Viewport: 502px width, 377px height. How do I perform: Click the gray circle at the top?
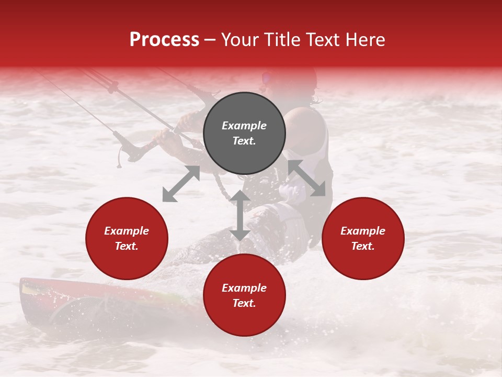click(x=244, y=134)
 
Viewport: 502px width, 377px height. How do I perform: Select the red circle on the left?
click(x=127, y=238)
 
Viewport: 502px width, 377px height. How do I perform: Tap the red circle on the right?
click(x=363, y=238)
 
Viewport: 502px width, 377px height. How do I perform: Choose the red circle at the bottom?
click(x=244, y=295)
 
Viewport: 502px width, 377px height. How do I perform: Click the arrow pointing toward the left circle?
click(x=181, y=184)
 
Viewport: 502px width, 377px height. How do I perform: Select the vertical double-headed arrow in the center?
click(x=240, y=215)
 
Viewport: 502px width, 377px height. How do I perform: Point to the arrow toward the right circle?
click(x=307, y=178)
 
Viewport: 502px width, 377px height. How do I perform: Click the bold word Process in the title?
click(x=164, y=39)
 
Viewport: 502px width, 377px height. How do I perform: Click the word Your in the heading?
click(x=238, y=39)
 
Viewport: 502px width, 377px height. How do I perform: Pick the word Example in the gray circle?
click(x=244, y=126)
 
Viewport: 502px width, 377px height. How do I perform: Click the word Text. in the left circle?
click(x=127, y=246)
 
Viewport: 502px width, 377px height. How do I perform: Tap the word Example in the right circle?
click(x=363, y=231)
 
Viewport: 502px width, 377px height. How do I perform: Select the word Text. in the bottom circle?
click(x=244, y=303)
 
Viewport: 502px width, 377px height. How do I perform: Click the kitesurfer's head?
click(x=293, y=84)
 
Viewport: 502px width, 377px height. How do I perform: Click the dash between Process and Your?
click(x=210, y=40)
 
